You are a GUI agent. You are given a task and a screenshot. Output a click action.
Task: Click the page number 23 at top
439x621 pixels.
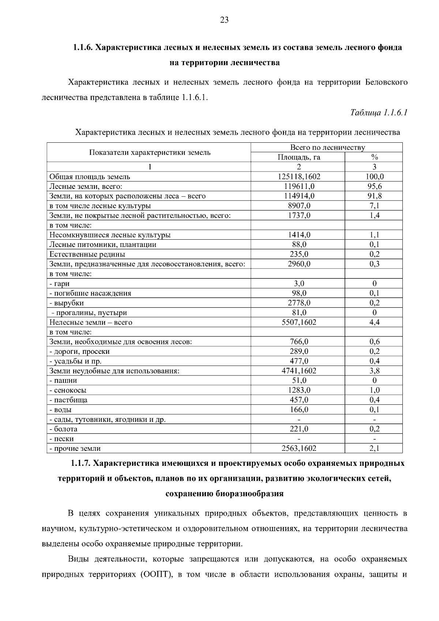point(224,20)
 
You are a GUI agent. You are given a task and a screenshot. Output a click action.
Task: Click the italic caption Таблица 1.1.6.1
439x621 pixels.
point(379,112)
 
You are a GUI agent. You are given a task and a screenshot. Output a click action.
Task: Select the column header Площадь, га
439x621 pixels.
point(299,157)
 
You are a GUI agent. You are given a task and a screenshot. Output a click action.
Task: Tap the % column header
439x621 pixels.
point(374,157)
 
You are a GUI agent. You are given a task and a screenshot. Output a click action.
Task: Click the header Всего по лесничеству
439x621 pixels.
point(327,147)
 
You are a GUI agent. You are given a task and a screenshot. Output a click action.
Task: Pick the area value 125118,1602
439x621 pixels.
point(299,177)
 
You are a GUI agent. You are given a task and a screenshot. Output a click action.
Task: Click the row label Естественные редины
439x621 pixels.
point(87,254)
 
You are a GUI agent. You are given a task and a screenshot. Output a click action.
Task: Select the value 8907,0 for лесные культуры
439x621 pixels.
point(299,206)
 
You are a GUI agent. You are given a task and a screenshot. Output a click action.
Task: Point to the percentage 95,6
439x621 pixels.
point(374,186)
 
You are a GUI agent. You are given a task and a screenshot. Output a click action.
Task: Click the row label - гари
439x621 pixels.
point(60,284)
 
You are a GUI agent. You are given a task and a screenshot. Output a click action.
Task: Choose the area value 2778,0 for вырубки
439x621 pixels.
point(299,303)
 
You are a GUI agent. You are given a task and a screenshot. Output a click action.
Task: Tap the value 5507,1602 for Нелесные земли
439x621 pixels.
point(299,322)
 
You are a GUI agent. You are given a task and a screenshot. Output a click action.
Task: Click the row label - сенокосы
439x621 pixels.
point(68,390)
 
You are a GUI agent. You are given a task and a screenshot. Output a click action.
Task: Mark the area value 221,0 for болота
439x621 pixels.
point(299,429)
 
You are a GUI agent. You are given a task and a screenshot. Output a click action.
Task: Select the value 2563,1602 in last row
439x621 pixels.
point(299,448)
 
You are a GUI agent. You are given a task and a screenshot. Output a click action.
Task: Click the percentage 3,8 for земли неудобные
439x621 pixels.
point(374,371)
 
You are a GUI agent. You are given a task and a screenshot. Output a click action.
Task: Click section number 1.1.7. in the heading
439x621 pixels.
point(80,464)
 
